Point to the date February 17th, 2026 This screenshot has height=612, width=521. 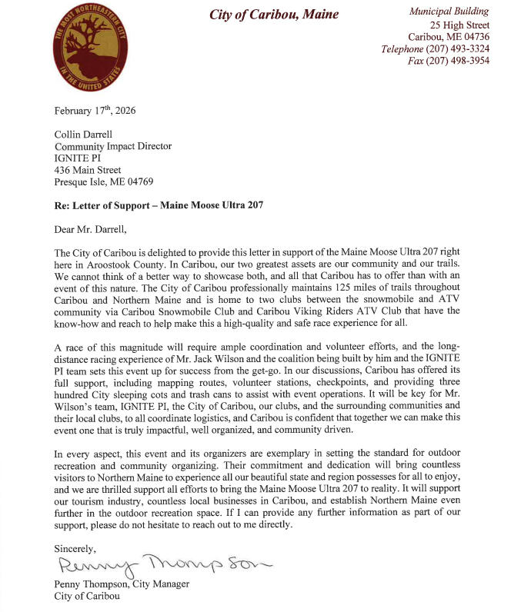95,111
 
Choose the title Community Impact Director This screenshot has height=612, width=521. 112,146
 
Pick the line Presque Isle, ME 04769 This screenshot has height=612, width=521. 104,182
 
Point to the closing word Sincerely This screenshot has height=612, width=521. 75,549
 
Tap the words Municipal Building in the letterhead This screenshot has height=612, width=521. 449,12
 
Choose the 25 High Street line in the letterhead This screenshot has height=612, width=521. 459,25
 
